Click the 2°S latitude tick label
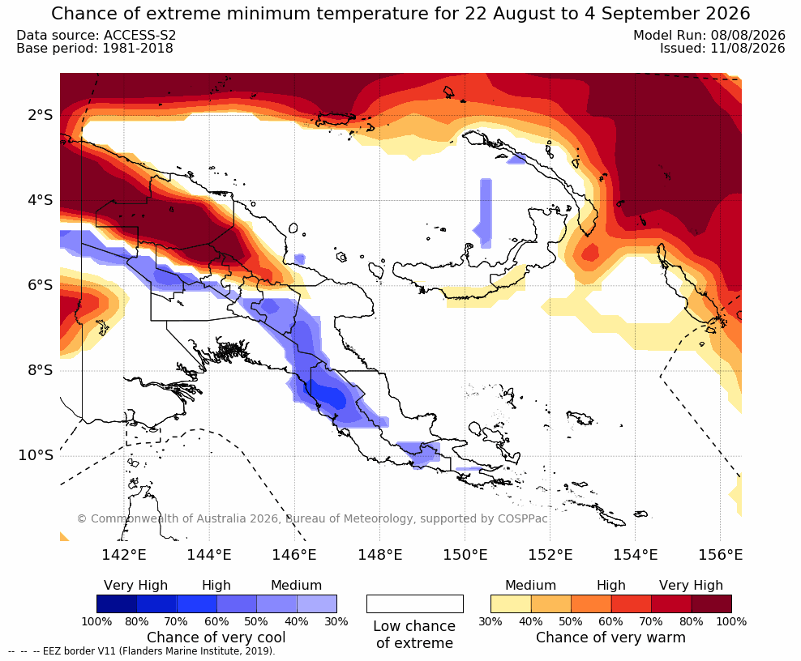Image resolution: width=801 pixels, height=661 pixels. click(x=41, y=115)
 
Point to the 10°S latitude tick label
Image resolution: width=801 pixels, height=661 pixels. click(x=36, y=455)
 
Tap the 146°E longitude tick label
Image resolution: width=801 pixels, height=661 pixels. click(x=294, y=554)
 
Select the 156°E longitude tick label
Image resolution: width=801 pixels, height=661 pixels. click(x=720, y=554)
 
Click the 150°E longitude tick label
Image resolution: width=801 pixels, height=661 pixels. click(x=465, y=554)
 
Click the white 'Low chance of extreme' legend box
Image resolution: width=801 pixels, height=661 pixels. click(x=415, y=603)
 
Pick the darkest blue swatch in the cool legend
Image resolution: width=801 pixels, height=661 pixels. click(x=117, y=603)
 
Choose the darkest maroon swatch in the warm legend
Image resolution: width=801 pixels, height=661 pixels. click(x=712, y=603)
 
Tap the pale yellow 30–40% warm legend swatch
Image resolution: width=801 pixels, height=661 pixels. click(x=511, y=603)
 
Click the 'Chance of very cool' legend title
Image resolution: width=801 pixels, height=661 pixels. click(x=216, y=638)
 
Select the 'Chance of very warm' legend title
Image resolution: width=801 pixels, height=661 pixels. click(x=610, y=638)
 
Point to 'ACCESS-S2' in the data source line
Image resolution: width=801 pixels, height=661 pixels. click(x=139, y=35)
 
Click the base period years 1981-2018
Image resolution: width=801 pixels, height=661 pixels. click(x=138, y=49)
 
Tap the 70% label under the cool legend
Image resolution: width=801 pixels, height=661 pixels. click(x=176, y=621)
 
